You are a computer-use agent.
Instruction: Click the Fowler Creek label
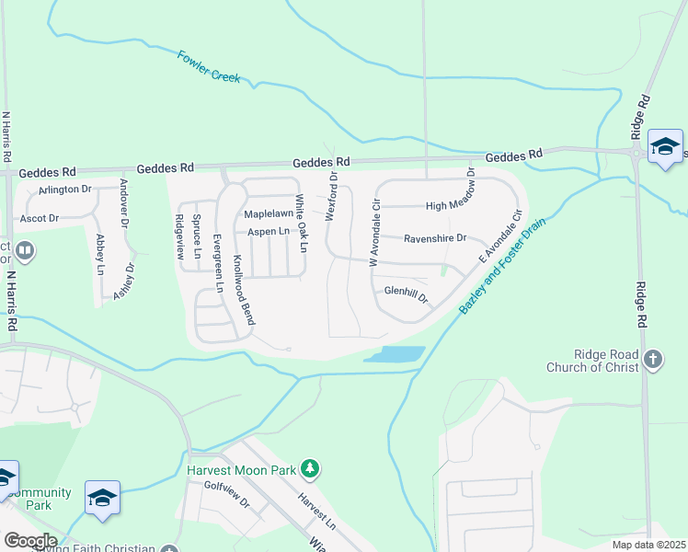coord(209,66)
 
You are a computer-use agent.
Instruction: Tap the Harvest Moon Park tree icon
coord(311,469)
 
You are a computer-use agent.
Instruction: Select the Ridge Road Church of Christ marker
coord(653,359)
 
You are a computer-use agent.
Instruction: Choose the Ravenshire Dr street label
coord(437,236)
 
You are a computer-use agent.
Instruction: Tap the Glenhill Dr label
coord(407,293)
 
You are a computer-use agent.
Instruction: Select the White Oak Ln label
coord(300,224)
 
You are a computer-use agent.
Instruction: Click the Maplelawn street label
coord(268,213)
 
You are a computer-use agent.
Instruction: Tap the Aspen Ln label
coord(269,231)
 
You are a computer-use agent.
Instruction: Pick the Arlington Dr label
coord(64,190)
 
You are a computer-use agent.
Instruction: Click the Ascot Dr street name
coord(40,219)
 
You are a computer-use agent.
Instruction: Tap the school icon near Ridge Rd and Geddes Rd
coord(665,147)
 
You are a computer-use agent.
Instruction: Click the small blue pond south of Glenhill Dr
coord(395,354)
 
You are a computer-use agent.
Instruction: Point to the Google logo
coord(29,541)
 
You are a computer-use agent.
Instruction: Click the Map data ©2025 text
coord(648,545)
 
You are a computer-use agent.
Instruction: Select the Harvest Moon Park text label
coord(241,470)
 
